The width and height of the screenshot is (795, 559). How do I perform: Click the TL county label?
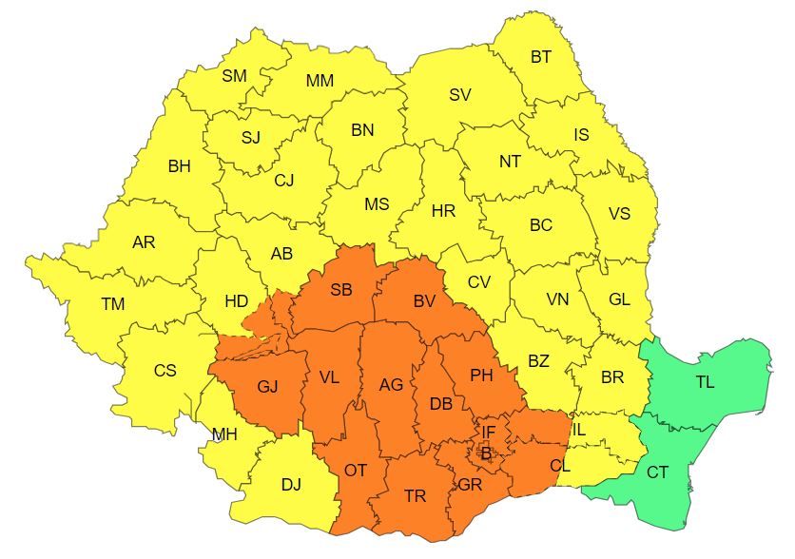pos(705,382)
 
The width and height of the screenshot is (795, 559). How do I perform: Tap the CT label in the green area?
pos(657,472)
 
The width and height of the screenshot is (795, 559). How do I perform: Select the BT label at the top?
pos(540,57)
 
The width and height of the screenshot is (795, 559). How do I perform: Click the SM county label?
pos(234,76)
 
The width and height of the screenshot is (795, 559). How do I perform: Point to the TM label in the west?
pos(113,304)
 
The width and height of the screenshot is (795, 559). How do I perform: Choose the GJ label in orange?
pos(268,387)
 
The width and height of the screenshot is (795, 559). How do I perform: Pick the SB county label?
pos(340,291)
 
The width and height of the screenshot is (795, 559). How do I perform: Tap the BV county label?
pos(424,301)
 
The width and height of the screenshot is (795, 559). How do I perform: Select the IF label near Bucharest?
pos(488,432)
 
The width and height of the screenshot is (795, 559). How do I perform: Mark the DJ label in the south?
pos(291,485)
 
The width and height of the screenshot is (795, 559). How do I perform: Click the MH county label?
pos(224,435)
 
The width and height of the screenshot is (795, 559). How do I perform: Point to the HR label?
pos(443,211)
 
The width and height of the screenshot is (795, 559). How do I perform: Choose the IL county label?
pos(579,430)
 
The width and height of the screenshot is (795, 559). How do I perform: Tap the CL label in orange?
pos(560,466)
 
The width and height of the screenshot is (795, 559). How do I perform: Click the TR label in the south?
pos(415,496)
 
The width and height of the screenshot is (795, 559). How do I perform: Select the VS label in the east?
pos(619,213)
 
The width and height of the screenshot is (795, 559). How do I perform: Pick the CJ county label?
pos(283,180)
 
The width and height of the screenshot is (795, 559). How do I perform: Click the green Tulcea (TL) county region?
pos(723,361)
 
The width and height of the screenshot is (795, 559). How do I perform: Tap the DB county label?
pos(440,404)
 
